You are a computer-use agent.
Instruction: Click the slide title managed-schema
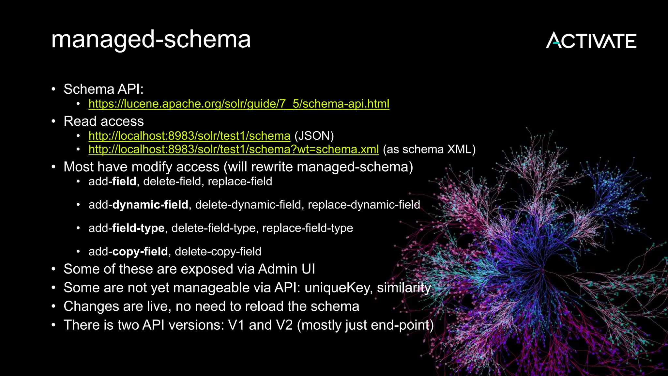[x=151, y=39]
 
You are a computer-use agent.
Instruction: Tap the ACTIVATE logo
[x=591, y=40]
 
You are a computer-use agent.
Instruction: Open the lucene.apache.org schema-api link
[x=239, y=104]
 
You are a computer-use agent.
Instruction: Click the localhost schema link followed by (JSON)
[x=189, y=136]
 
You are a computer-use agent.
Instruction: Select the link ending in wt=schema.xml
[x=234, y=149]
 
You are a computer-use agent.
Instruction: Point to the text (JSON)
[x=314, y=136]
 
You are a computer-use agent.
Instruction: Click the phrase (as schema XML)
[x=429, y=149]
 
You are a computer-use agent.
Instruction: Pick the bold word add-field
[x=112, y=181]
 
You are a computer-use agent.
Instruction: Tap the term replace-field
[x=240, y=181]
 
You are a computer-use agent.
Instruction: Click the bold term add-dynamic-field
[x=138, y=205]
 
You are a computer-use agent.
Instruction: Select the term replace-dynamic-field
[x=364, y=205]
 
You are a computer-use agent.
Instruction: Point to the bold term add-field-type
[x=126, y=228]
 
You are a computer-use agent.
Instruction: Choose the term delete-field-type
[x=213, y=228]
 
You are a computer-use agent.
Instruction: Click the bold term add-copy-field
[x=128, y=252]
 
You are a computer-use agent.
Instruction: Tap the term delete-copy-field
[x=218, y=252]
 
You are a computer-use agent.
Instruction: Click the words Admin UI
[x=286, y=269]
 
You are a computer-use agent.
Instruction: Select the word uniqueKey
[x=338, y=288]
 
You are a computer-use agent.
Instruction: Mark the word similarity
[x=404, y=288]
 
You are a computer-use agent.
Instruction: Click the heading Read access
[x=103, y=121]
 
